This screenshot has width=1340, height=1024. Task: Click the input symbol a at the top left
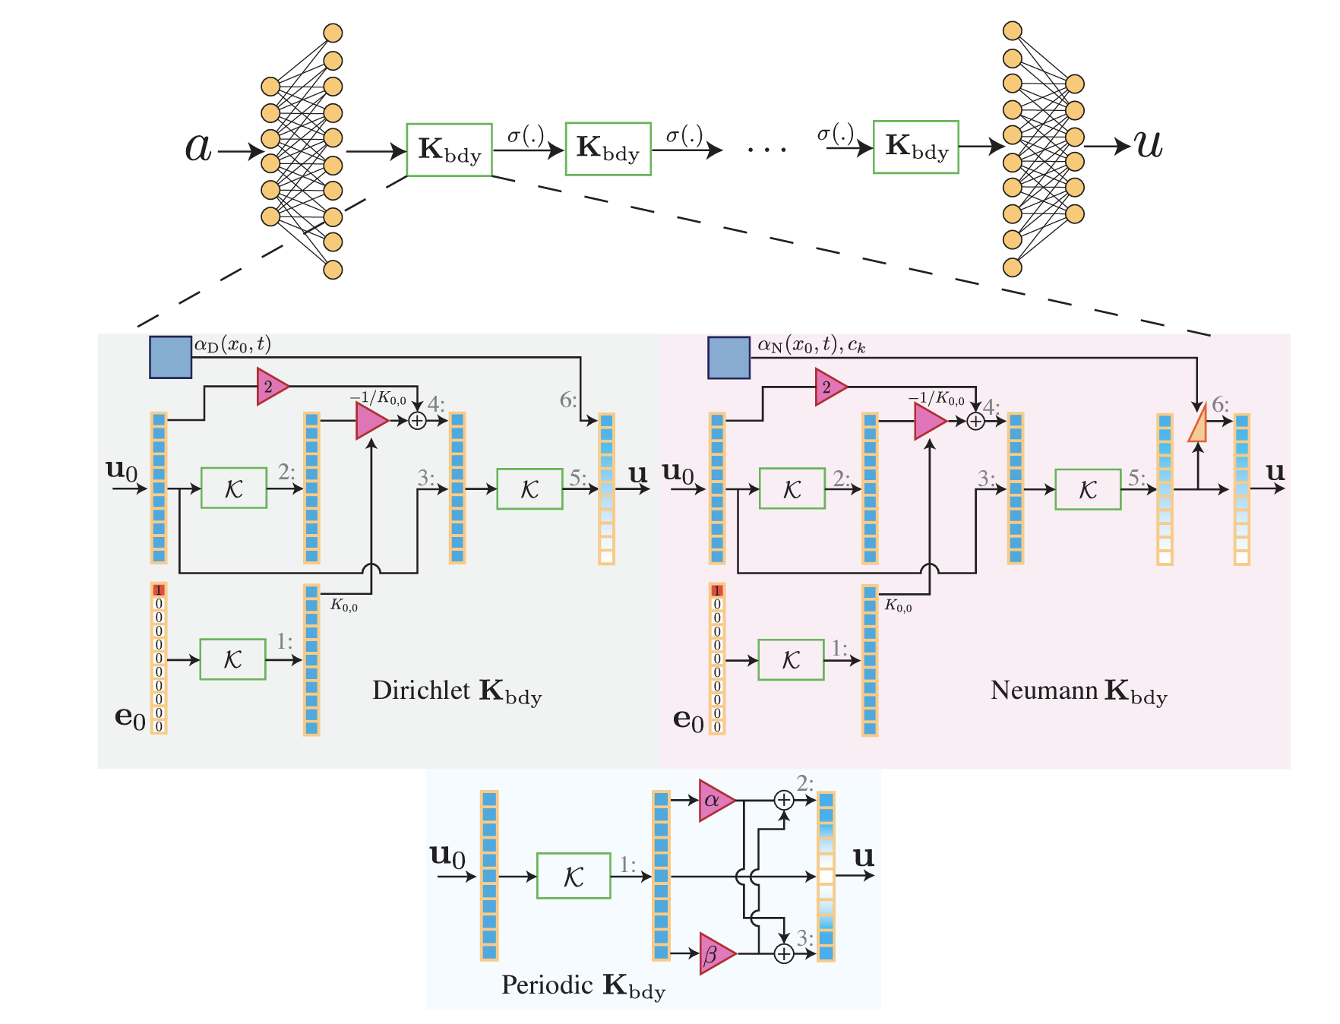tap(198, 147)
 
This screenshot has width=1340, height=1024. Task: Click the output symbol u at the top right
tap(1149, 144)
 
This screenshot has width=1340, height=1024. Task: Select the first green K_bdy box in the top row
tap(450, 150)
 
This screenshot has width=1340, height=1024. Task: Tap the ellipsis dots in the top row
tap(767, 149)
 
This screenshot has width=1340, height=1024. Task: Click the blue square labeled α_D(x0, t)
tap(170, 357)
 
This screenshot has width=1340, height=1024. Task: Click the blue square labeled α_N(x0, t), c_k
tap(728, 358)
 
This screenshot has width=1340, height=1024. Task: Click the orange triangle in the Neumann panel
tap(1198, 425)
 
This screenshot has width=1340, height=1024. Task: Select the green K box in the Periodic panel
tap(574, 876)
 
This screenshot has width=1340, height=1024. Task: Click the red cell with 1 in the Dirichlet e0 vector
tap(159, 590)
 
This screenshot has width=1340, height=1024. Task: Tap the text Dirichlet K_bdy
tap(457, 691)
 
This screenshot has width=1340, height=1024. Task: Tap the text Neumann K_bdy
tap(1079, 691)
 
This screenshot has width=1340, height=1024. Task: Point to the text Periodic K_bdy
tap(583, 985)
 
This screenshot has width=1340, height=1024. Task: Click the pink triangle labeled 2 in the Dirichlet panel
tap(271, 387)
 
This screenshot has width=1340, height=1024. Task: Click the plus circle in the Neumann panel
tap(975, 421)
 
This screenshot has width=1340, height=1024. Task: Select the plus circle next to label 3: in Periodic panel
tap(783, 953)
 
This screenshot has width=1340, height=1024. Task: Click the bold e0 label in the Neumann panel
tap(688, 718)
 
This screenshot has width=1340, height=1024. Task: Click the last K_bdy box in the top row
tap(915, 147)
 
